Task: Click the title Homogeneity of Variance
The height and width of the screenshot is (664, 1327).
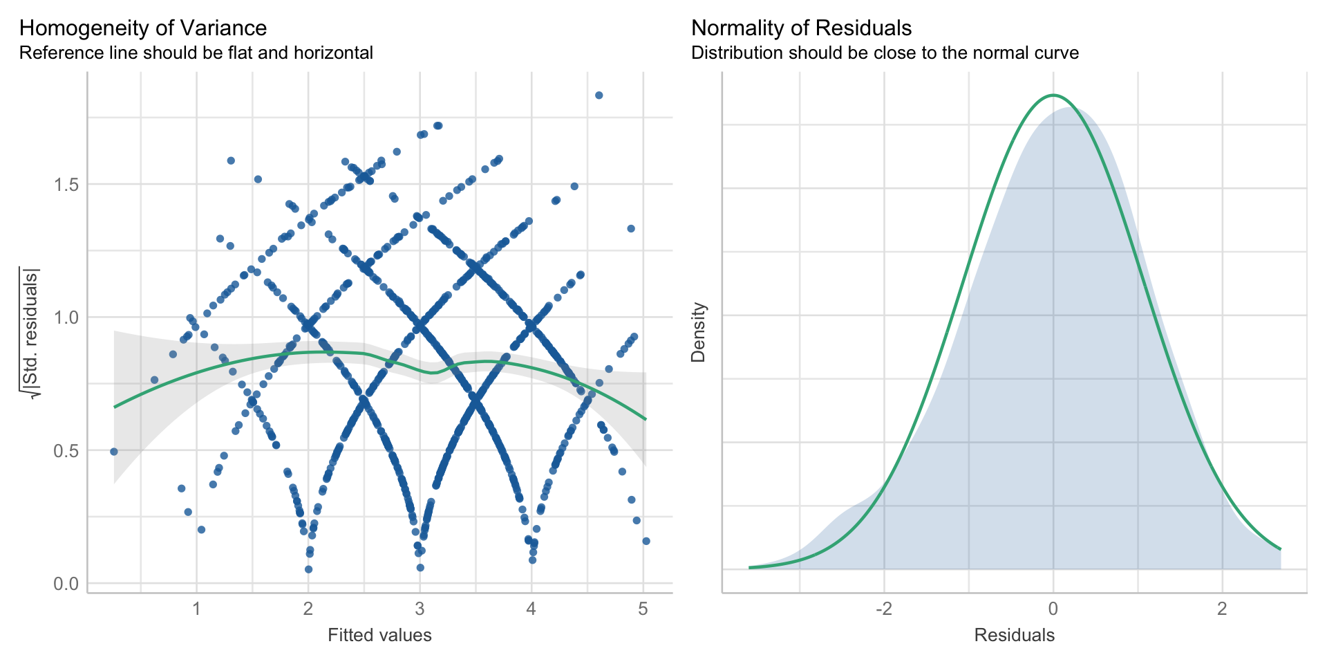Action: [x=142, y=28]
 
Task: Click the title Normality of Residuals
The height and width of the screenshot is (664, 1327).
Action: [x=801, y=28]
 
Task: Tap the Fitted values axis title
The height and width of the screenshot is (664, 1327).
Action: [x=379, y=635]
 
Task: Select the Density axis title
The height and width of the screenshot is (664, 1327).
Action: [x=699, y=332]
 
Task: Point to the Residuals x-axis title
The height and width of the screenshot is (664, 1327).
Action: [x=1014, y=635]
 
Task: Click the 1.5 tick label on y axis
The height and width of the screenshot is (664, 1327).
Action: [x=67, y=185]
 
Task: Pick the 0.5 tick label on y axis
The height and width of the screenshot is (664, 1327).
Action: [x=67, y=450]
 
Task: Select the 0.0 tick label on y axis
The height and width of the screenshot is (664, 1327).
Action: [x=67, y=584]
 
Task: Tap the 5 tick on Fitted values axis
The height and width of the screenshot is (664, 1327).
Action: [x=643, y=609]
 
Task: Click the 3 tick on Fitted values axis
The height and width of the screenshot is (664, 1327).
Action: [x=420, y=609]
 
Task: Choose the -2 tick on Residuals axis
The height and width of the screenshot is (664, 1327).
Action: [x=884, y=609]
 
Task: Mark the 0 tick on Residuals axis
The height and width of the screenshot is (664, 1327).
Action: [x=1053, y=609]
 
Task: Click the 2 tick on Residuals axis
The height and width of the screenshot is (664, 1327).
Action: [x=1222, y=609]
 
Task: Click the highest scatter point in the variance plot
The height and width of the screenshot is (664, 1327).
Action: [x=599, y=95]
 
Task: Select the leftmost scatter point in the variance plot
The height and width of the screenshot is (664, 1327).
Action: [x=114, y=452]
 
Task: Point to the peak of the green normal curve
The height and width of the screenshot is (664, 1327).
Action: [x=1053, y=95]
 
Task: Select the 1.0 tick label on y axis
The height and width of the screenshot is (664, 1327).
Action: [x=67, y=317]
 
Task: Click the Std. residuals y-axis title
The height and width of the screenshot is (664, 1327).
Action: [x=31, y=332]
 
